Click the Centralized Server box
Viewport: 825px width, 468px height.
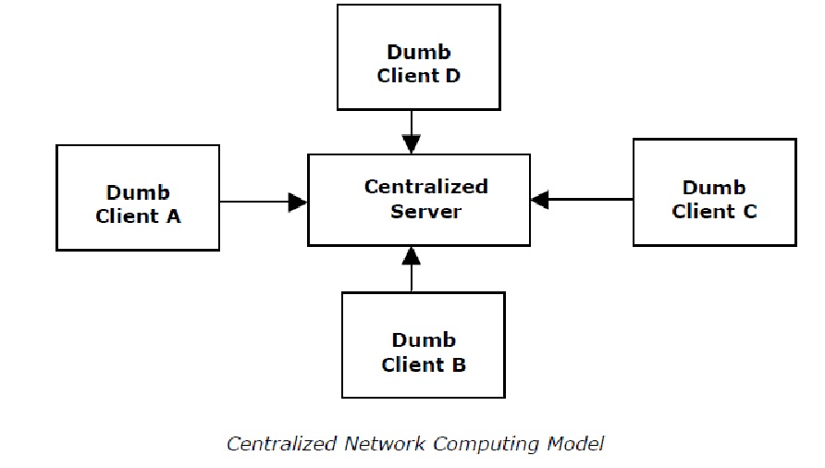pyautogui.click(x=418, y=199)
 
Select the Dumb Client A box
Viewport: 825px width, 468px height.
pyautogui.click(x=138, y=197)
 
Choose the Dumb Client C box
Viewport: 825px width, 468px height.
pyautogui.click(x=714, y=192)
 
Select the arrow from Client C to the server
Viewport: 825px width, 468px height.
pyautogui.click(x=583, y=199)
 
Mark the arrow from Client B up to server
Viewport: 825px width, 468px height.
pyautogui.click(x=412, y=269)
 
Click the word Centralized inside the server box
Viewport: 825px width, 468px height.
pyautogui.click(x=425, y=187)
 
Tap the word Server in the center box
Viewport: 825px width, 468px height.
pyautogui.click(x=425, y=211)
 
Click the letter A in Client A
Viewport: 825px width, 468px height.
pyautogui.click(x=173, y=216)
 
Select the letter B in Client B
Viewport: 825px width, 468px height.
pyautogui.click(x=458, y=364)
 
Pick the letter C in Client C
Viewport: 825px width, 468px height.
pyautogui.click(x=748, y=212)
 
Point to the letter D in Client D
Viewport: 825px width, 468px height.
pyautogui.click(x=452, y=76)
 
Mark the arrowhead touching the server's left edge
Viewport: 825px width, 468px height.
pyautogui.click(x=298, y=201)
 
